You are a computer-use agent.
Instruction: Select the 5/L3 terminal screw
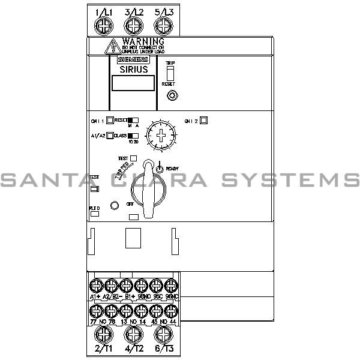point(162,26)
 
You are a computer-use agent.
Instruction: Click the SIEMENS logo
point(133,59)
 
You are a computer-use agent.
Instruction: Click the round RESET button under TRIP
point(172,95)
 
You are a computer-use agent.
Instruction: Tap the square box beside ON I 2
point(203,119)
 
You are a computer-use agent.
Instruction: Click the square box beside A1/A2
point(110,136)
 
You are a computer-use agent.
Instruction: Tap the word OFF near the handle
point(130,204)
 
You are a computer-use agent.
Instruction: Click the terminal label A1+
point(95,296)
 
